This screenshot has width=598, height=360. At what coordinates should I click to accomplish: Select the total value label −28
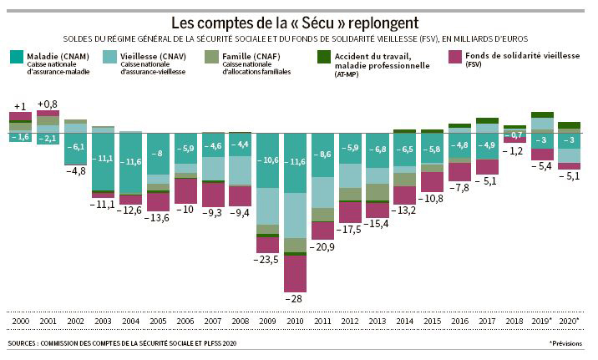click(293, 298)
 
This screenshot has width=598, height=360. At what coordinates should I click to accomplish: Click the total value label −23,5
click(267, 260)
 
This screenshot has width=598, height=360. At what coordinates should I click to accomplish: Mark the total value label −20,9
click(322, 248)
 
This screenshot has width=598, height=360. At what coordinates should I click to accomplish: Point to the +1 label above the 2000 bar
click(21, 106)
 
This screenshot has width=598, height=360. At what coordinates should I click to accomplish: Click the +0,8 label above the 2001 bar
click(48, 104)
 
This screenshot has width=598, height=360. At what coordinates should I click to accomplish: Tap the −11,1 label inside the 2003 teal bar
click(104, 159)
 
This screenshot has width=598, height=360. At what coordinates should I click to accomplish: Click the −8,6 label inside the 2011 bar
click(322, 155)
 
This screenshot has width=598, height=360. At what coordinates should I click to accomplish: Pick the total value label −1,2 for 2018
click(515, 151)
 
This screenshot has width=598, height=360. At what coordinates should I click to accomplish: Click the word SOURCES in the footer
click(26, 343)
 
